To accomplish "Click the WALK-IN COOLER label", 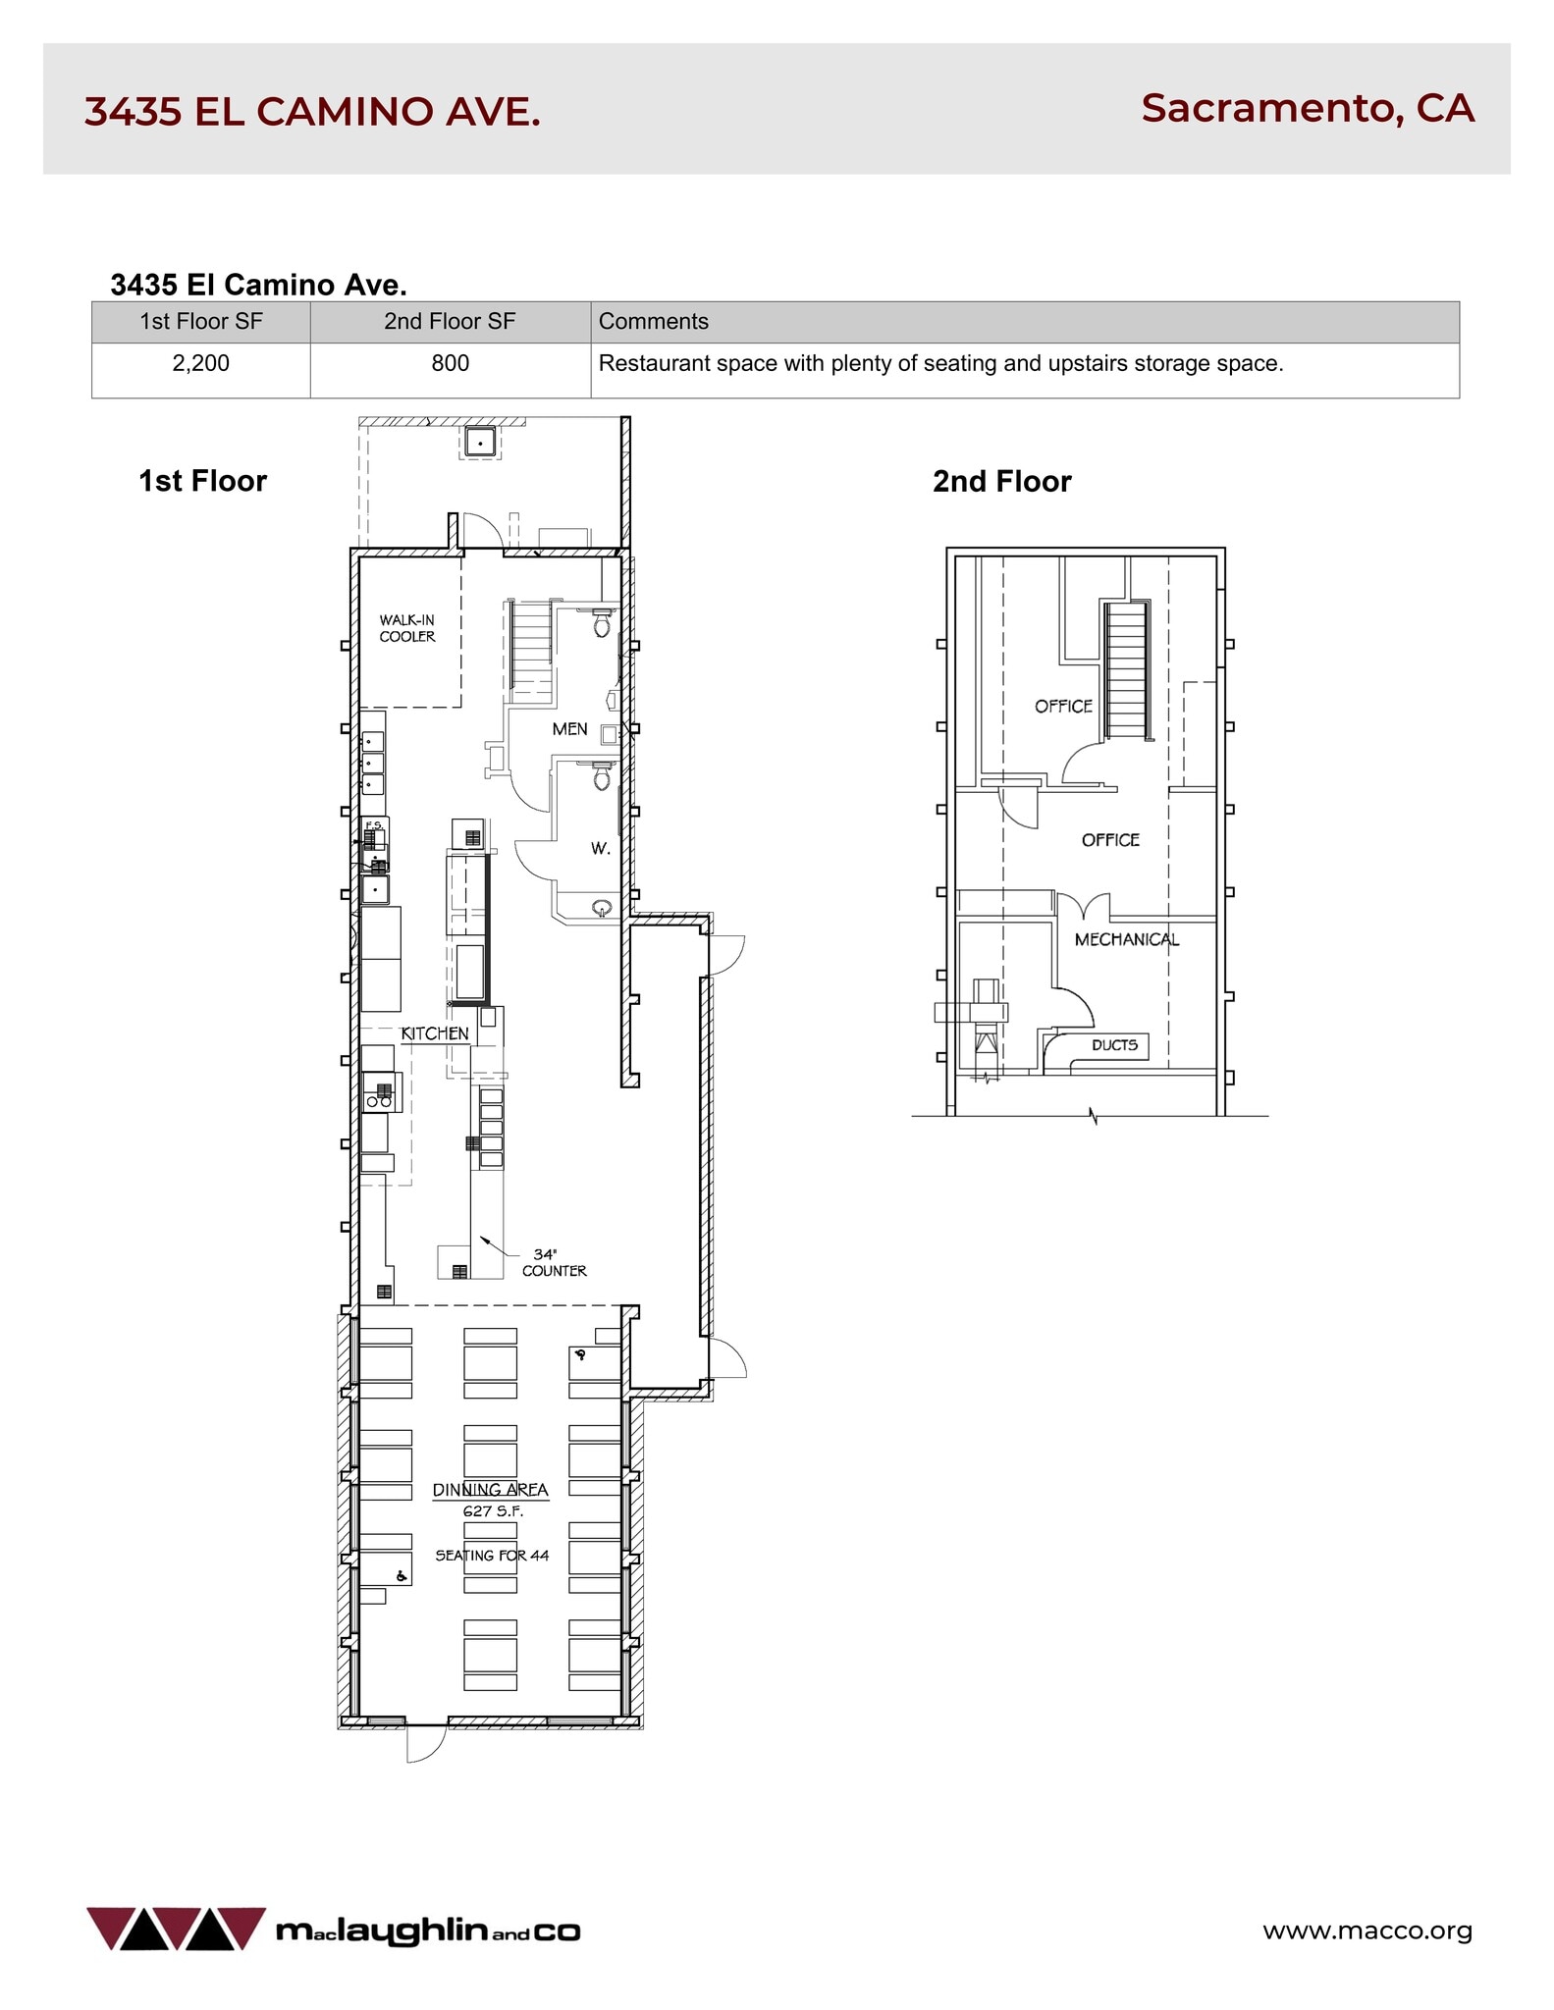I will coord(407,628).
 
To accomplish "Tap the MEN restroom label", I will coord(569,729).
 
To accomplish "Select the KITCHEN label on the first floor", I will coord(435,1033).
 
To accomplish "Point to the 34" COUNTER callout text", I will coord(554,1262).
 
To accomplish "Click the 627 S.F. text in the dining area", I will coord(493,1511).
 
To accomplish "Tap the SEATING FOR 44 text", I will coord(492,1555).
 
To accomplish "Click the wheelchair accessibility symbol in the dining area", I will coord(401,1576).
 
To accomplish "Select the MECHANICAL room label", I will coord(1126,939).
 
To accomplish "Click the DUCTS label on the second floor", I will coord(1114,1045).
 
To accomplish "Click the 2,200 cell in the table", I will coord(200,363).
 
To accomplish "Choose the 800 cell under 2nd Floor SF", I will coord(450,363).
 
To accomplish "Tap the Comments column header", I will coord(653,321).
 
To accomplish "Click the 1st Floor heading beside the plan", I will coord(202,481).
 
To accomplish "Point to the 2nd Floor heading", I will coord(1001,481).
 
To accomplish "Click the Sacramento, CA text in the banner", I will coord(1307,108).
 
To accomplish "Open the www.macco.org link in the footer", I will coord(1366,1930).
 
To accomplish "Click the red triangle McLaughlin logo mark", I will coord(176,1928).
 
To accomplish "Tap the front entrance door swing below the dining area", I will coord(424,1745).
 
